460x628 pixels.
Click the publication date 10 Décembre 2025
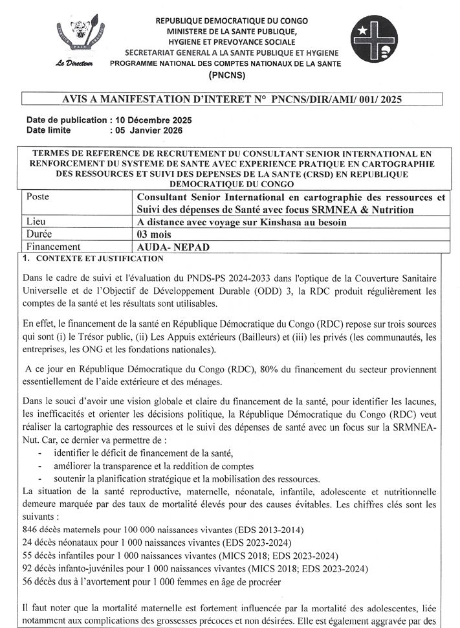(x=153, y=121)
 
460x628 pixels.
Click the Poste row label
(x=38, y=196)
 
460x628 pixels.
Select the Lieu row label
(x=35, y=221)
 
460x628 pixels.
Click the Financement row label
(x=51, y=246)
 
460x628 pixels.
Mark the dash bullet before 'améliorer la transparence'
(x=41, y=465)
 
